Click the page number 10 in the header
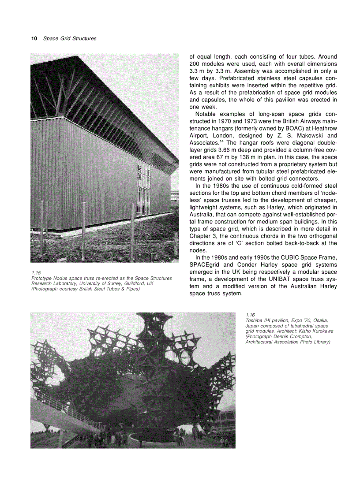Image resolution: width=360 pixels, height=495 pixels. pyautogui.click(x=34, y=39)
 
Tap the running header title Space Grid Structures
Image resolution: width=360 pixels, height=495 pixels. pyautogui.click(x=70, y=39)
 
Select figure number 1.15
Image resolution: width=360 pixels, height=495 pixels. pyautogui.click(x=36, y=273)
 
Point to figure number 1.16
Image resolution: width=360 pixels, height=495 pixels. pyautogui.click(x=250, y=315)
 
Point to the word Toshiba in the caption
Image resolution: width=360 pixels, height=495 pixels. pyautogui.click(x=254, y=320)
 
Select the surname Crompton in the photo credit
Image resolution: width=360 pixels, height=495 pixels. pyautogui.click(x=300, y=336)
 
